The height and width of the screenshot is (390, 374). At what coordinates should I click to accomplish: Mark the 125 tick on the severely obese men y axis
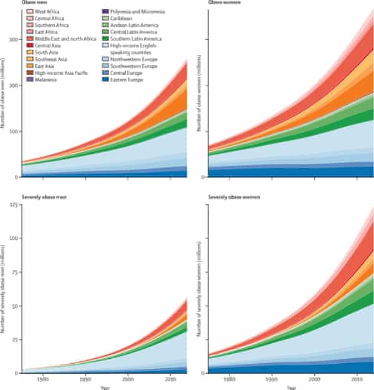[x=13, y=206]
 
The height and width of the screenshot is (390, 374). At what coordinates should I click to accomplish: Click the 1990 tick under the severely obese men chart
[x=85, y=379]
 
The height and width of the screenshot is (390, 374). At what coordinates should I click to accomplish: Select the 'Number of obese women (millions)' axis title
[x=198, y=100]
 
